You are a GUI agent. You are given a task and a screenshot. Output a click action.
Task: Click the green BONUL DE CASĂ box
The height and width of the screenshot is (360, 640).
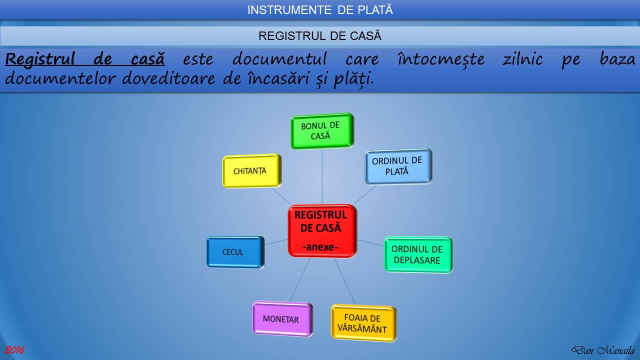(322, 131)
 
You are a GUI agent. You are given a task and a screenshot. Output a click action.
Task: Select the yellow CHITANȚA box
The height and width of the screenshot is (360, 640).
(251, 171)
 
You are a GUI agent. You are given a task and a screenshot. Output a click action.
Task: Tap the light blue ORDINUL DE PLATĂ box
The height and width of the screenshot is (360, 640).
(398, 166)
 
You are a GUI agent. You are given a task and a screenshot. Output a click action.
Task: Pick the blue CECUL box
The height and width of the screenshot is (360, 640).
(234, 252)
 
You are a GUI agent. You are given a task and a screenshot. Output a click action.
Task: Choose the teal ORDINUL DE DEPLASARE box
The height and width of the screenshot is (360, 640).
(418, 254)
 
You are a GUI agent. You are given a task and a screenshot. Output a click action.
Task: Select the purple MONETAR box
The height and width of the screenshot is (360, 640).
(282, 319)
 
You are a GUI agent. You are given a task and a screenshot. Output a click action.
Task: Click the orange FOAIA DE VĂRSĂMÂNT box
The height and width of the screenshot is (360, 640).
(363, 323)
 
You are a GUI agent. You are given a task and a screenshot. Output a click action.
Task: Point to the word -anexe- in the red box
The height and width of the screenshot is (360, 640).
(322, 246)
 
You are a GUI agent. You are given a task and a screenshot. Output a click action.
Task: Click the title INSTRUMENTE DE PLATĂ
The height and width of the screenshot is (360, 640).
(320, 10)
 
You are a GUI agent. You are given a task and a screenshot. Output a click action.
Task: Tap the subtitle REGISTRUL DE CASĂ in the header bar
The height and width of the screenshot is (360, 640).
(320, 36)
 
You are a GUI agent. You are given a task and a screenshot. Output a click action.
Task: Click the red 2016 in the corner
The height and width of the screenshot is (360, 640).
(14, 350)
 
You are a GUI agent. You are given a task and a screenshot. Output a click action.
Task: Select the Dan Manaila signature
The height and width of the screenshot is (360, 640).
(602, 350)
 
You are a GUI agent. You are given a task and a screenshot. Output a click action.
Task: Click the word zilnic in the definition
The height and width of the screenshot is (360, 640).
(522, 59)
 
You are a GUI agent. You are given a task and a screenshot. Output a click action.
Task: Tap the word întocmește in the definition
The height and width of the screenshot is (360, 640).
(441, 59)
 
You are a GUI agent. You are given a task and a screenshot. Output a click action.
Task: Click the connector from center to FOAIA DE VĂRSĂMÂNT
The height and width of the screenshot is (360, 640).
(345, 281)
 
